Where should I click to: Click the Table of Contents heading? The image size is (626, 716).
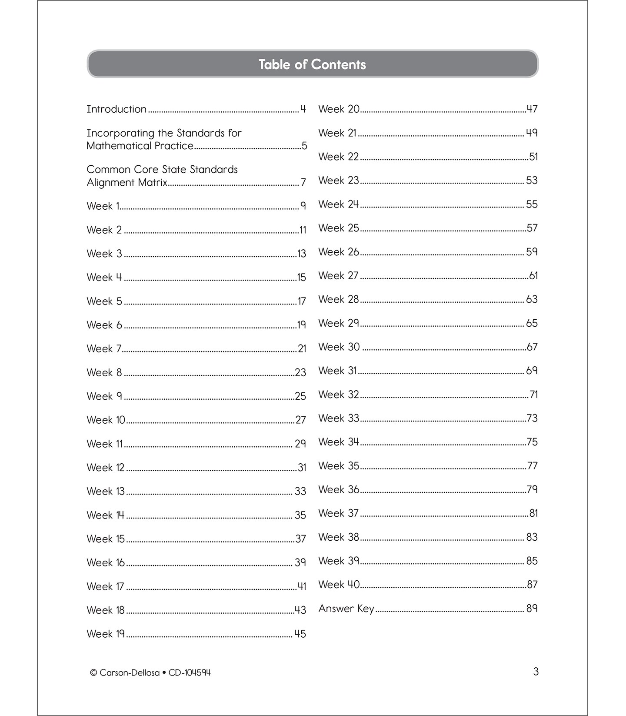[x=312, y=64]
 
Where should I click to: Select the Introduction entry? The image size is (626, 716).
[x=117, y=109]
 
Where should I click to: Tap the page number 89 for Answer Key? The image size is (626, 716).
[x=532, y=608]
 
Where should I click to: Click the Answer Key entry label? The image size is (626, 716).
[x=346, y=608]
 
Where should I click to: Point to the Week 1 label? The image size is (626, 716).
[x=103, y=206]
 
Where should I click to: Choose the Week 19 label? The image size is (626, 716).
[x=106, y=634]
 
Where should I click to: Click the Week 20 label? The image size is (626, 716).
[x=339, y=109]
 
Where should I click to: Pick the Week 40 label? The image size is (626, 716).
[x=339, y=584]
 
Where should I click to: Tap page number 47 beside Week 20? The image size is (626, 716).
[x=532, y=109]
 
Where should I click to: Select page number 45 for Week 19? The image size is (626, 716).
[x=300, y=634]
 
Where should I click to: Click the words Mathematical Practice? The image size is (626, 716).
[x=140, y=146]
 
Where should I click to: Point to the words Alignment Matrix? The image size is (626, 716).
[x=127, y=182]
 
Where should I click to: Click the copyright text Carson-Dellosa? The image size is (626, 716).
[x=129, y=673]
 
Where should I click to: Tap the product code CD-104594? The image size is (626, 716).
[x=190, y=673]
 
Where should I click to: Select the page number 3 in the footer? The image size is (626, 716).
[x=536, y=672]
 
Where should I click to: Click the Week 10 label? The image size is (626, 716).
[x=106, y=420]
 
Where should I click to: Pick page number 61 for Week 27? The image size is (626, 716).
[x=533, y=275]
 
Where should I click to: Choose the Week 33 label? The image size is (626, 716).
[x=339, y=418]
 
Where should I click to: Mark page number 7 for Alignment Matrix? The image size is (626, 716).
[x=303, y=182]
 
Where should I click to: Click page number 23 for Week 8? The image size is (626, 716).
[x=300, y=372]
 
